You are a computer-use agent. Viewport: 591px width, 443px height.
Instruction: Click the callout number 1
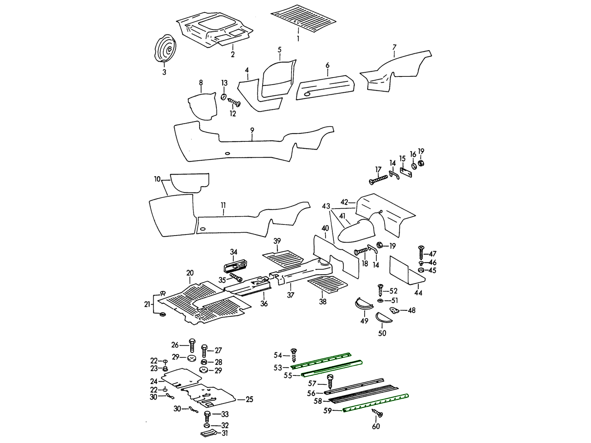click(298, 38)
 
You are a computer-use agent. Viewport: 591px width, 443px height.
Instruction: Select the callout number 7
click(394, 47)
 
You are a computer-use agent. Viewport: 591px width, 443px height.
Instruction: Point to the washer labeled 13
click(224, 97)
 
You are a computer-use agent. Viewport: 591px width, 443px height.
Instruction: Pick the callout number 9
click(252, 130)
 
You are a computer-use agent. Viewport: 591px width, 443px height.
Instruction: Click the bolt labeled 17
click(378, 179)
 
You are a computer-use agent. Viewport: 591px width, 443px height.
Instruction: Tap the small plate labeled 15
click(406, 172)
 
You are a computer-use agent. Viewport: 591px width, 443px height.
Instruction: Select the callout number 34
click(233, 252)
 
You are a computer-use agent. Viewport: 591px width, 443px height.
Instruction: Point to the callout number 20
click(190, 273)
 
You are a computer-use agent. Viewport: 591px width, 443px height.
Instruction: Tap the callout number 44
click(418, 293)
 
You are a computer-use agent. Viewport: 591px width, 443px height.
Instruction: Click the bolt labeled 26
click(192, 346)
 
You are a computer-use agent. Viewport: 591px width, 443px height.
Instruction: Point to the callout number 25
click(249, 399)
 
